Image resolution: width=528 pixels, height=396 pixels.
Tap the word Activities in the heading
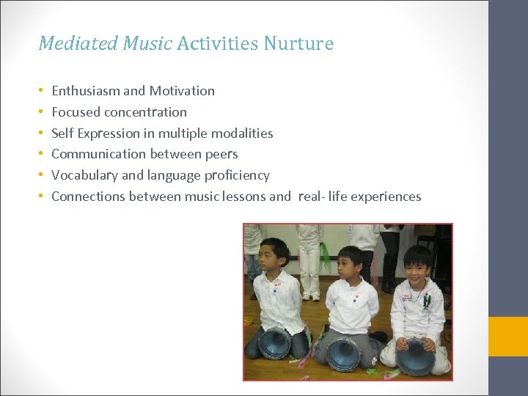(x=217, y=44)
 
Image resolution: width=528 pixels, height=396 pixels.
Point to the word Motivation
(x=182, y=91)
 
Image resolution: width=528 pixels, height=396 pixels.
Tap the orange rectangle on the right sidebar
(x=508, y=337)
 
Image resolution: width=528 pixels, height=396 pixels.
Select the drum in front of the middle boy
(x=344, y=355)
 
